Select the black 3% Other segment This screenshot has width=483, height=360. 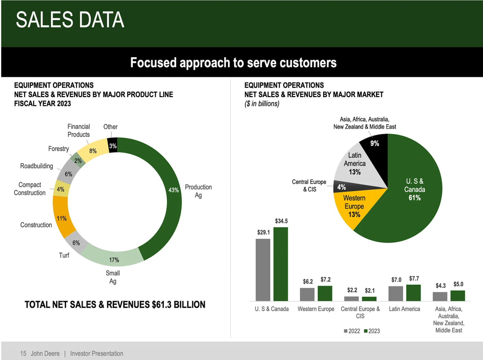(113, 146)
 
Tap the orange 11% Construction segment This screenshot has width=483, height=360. (62, 218)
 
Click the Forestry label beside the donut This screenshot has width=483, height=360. (59, 149)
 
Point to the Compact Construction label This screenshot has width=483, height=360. (30, 188)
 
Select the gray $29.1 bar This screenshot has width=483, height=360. (263, 270)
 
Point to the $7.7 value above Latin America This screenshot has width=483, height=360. (414, 278)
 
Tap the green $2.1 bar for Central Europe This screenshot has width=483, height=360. (369, 299)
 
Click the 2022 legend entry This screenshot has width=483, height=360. (352, 331)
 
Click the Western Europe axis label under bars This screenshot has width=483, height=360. (316, 309)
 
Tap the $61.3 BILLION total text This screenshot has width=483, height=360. (178, 304)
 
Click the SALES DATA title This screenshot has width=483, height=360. (70, 20)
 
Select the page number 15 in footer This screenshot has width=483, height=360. (23, 353)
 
